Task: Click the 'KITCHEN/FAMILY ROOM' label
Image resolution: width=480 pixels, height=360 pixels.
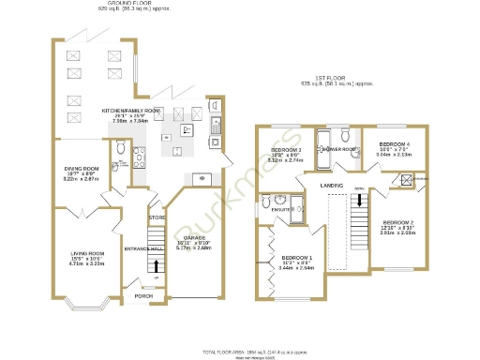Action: coord(131,110)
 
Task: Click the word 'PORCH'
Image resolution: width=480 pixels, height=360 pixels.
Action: coord(143,296)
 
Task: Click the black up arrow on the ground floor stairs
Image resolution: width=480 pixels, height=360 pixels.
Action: coord(156,265)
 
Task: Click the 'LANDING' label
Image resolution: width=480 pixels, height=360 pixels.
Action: coord(331,186)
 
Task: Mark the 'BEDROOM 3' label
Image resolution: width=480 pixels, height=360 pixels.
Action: coord(286,150)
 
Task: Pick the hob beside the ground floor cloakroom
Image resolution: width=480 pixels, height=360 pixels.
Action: coord(138,155)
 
